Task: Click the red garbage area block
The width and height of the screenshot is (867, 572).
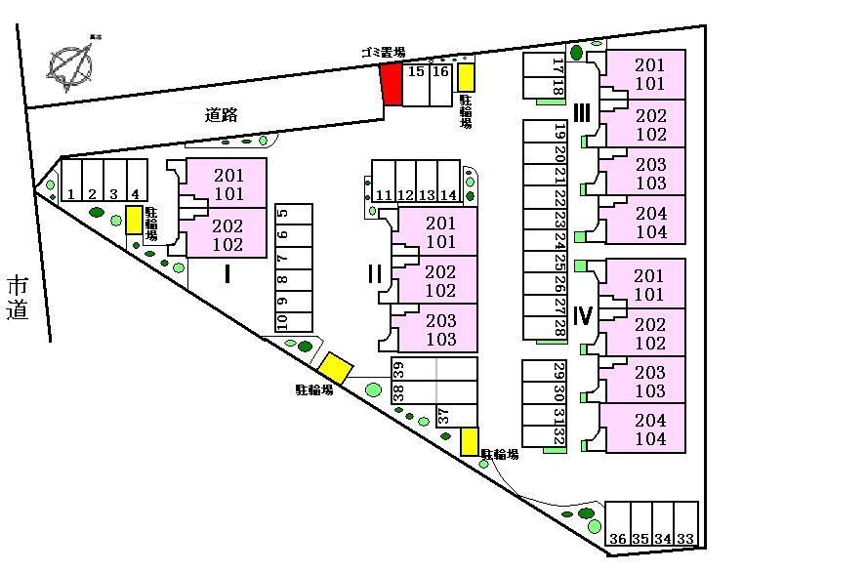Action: tap(392, 84)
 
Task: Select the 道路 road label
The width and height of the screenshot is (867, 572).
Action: tap(223, 115)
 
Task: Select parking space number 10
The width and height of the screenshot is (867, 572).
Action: tap(282, 320)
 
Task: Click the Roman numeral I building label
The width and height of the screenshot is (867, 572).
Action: tap(227, 274)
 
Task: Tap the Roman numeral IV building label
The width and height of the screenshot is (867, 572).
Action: tap(583, 315)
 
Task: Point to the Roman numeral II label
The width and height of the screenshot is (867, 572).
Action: tap(374, 274)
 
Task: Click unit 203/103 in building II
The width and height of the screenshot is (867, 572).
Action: tap(441, 330)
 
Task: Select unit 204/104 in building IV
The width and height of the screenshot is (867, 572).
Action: tap(650, 429)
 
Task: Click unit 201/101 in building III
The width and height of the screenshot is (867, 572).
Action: tap(650, 74)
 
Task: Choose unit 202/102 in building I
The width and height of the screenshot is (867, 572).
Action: tap(227, 235)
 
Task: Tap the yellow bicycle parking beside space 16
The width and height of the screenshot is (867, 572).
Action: tap(467, 77)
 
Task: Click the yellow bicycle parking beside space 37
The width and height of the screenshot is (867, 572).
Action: tap(470, 442)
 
